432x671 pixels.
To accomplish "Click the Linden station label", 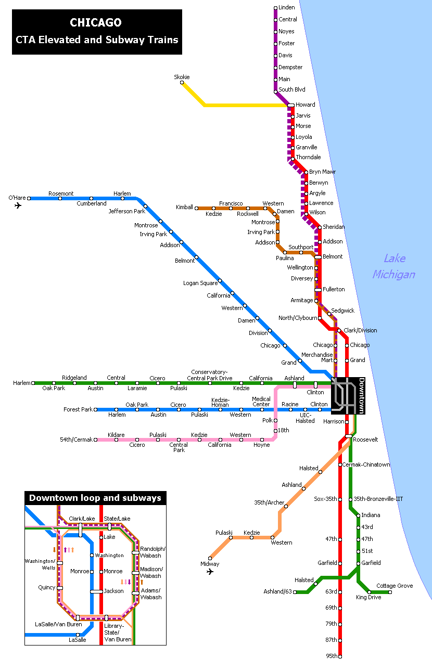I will coord(287,8).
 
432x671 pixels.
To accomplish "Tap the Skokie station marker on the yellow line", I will coord(182,83).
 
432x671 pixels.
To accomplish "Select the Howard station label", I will coord(306,105).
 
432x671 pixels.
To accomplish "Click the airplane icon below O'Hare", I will coord(18,205).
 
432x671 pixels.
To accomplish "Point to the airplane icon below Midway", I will coord(210,572).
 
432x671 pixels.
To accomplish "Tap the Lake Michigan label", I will coord(393,266).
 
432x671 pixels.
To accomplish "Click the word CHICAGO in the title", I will coord(96,23).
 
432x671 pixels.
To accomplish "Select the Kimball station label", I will coord(184,208).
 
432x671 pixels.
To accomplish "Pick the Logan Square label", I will coord(200,283).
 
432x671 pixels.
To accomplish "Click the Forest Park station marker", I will coord(96,410).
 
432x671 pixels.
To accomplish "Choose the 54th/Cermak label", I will coord(76,440).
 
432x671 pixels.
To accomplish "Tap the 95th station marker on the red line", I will coord(340,656).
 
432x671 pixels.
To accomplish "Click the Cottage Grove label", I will coord(395,586).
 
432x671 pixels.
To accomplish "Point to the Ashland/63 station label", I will coord(278,592).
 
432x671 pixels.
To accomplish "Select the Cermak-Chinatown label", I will coord(366,465).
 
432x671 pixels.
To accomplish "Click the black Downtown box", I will coord(348,396).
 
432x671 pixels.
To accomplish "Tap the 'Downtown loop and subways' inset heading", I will coord(95,498).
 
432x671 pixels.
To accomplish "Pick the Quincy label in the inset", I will coord(47,588).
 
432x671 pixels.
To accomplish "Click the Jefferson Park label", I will coord(126,212).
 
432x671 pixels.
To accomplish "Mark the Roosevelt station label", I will coord(365,440).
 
